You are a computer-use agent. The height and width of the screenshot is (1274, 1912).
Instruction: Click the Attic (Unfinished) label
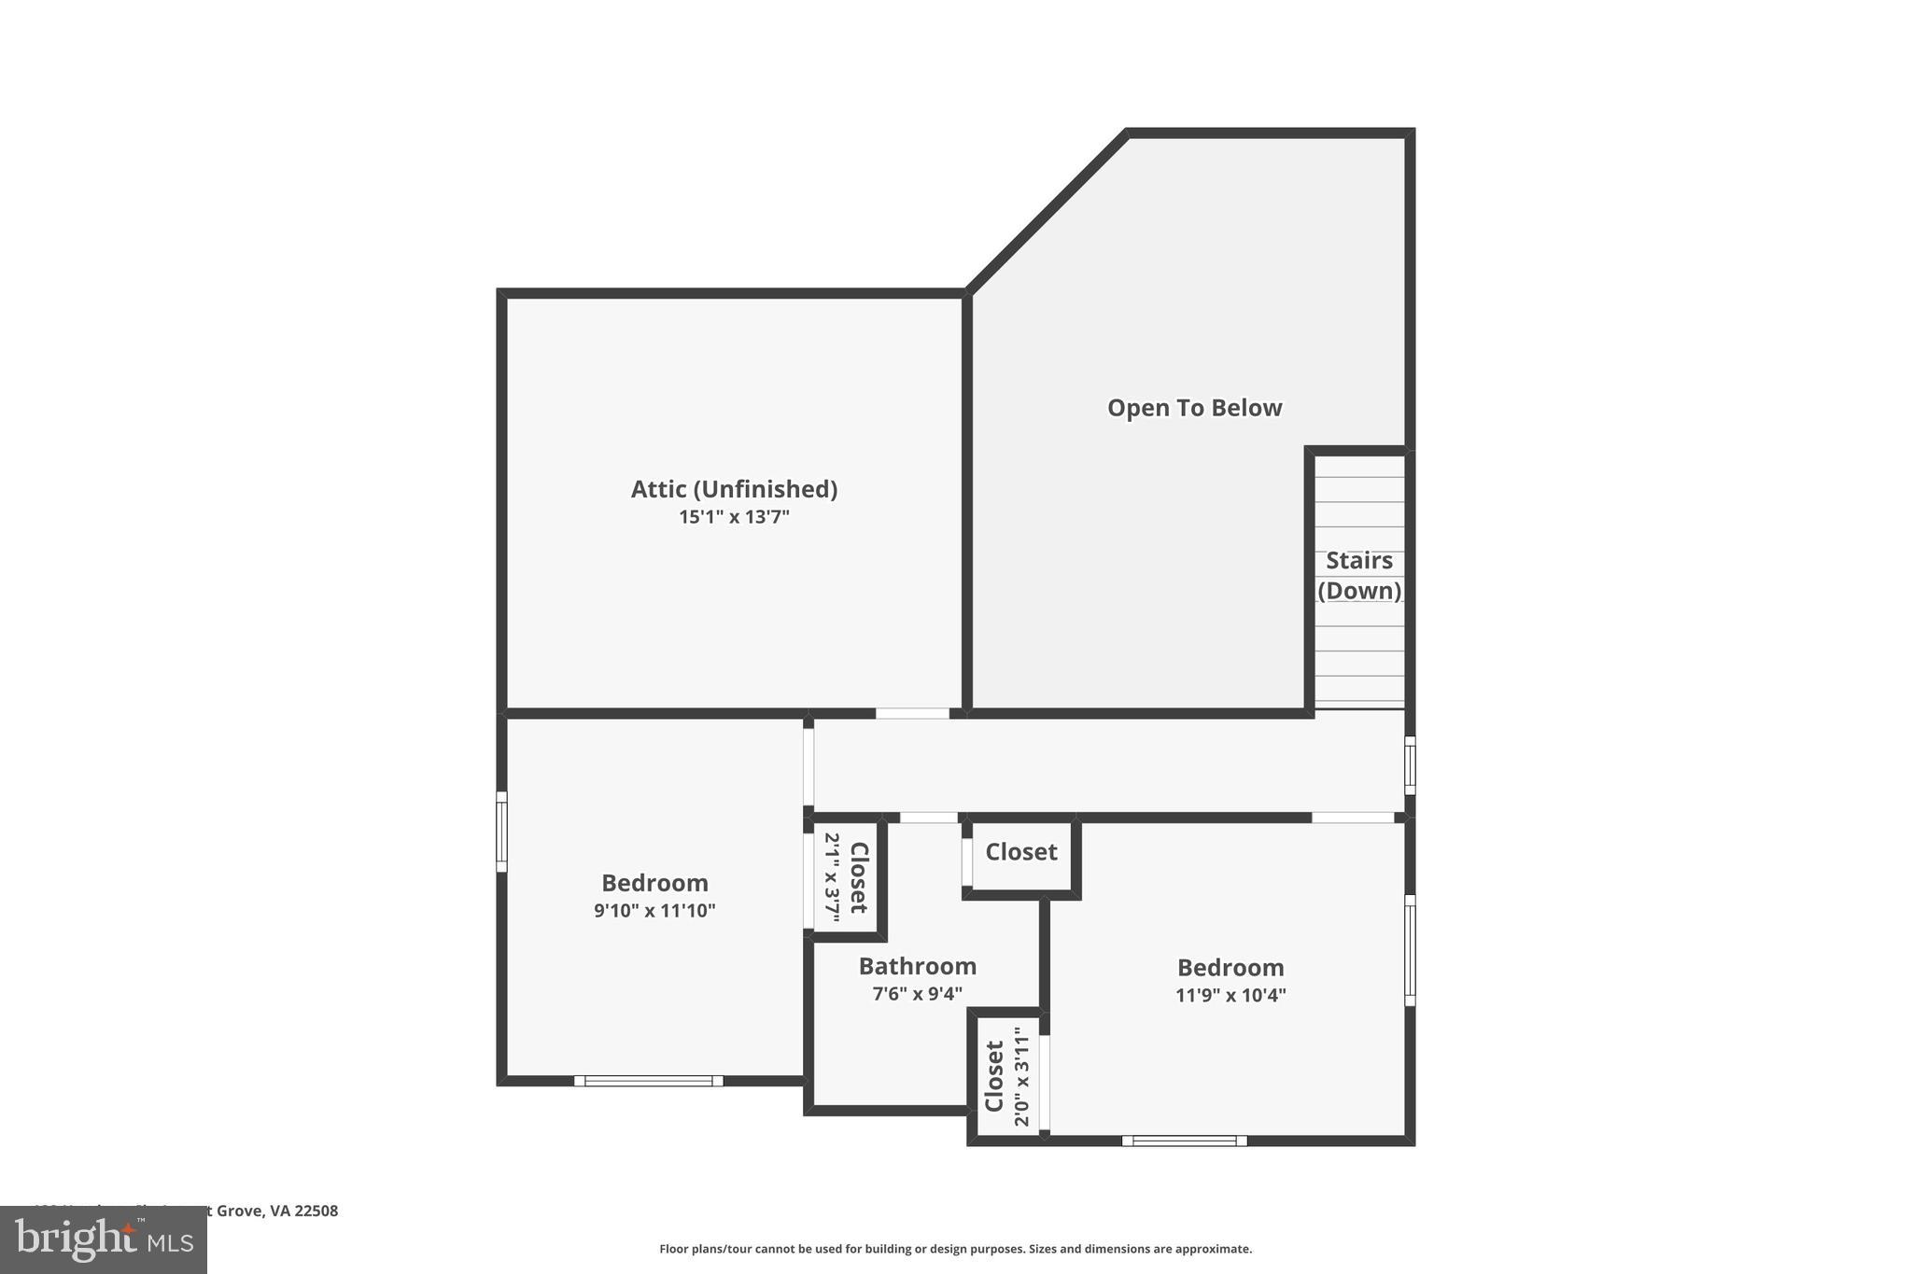click(734, 489)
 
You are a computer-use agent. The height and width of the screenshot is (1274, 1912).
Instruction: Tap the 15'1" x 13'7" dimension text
click(734, 517)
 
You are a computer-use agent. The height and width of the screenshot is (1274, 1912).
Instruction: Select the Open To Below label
click(1194, 408)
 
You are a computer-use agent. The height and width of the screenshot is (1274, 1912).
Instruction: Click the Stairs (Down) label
click(1359, 575)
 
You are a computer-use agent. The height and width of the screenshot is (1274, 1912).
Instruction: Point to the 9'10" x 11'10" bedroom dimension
click(654, 911)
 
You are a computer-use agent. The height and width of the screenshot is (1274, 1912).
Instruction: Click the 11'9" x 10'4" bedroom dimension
click(1230, 995)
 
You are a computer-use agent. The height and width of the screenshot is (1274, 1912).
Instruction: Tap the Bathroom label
click(917, 966)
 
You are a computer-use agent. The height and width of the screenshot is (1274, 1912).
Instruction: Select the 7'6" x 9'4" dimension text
click(917, 994)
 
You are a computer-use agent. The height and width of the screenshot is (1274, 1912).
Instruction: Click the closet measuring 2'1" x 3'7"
click(847, 877)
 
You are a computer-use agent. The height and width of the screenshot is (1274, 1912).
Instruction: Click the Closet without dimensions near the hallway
click(1021, 852)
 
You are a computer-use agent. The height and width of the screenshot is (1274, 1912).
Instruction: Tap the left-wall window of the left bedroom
click(501, 832)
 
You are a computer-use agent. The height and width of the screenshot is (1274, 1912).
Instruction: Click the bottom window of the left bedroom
click(648, 1081)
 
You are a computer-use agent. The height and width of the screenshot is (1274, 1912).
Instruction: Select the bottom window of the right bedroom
click(1184, 1141)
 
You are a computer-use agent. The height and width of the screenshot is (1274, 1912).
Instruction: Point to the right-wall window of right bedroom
click(1410, 950)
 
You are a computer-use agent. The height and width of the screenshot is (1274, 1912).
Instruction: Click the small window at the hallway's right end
click(1410, 765)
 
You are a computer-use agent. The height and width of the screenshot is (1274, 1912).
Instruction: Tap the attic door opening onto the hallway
click(912, 713)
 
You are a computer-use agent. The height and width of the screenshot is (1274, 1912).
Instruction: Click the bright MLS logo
click(104, 1239)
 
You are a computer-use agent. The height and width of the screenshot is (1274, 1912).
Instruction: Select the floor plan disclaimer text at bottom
click(955, 1249)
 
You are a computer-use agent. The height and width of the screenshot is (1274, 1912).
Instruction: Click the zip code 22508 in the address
click(316, 1211)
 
